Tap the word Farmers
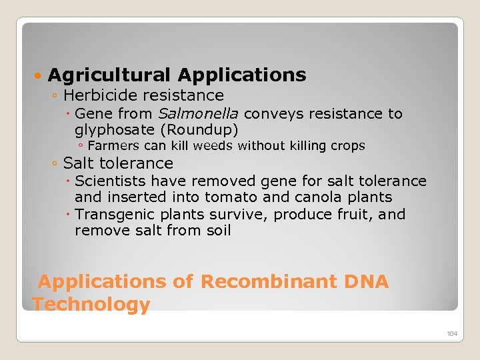pyautogui.click(x=112, y=146)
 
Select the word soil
pyautogui.click(x=217, y=231)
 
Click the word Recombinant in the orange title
pyautogui.click(x=269, y=281)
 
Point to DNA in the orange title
pyautogui.click(x=367, y=281)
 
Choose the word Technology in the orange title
pyautogui.click(x=91, y=305)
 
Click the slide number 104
pyautogui.click(x=452, y=333)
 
